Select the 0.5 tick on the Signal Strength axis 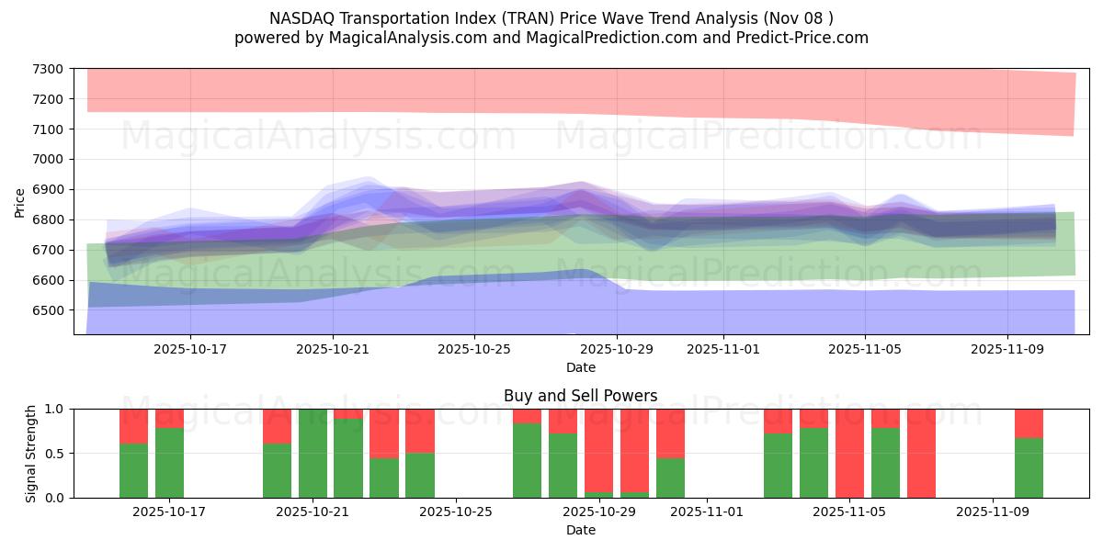tap(54, 454)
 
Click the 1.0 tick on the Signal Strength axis tap(54, 409)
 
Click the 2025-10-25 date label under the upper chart tap(474, 349)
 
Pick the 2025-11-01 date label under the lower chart tap(707, 512)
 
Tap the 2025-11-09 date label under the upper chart tap(1008, 349)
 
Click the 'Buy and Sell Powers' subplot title tap(580, 397)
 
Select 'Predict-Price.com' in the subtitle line tap(810, 38)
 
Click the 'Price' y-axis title tap(20, 203)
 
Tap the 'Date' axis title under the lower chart tap(580, 530)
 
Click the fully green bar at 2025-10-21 tap(313, 454)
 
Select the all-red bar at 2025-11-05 tap(849, 454)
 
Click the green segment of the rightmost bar tap(1029, 468)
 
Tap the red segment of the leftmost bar tap(133, 425)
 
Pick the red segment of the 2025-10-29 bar tap(634, 450)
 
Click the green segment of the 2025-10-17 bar tap(169, 463)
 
